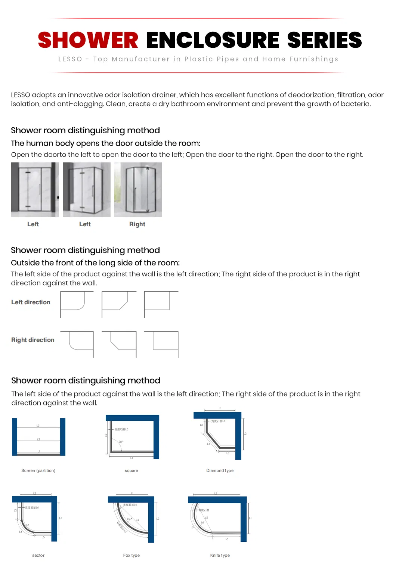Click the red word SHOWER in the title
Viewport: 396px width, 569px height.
[88, 40]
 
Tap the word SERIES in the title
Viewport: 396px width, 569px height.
[324, 40]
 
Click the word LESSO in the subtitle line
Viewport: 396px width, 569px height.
[70, 59]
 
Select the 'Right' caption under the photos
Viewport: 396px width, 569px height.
[137, 224]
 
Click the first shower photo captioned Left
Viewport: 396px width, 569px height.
[35, 190]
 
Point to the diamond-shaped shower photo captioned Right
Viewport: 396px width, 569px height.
[138, 190]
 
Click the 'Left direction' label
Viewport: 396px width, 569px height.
[31, 302]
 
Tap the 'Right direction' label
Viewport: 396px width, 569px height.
[33, 340]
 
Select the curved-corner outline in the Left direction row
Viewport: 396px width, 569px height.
[77, 304]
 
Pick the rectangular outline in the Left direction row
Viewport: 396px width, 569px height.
[161, 304]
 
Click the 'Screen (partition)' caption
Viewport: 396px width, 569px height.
[38, 470]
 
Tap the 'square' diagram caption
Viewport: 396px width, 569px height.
[131, 470]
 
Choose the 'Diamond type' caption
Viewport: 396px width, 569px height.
[220, 470]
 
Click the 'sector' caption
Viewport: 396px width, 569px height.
[38, 555]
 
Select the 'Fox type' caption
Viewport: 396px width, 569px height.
[131, 555]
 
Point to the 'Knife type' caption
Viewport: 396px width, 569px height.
[220, 555]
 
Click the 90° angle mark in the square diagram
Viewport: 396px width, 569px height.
[120, 442]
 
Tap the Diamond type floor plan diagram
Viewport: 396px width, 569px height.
[219, 435]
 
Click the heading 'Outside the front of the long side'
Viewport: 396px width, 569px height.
[95, 262]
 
